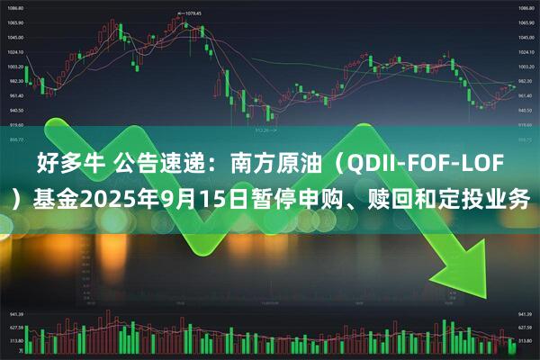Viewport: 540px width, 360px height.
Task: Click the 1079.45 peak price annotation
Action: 191,13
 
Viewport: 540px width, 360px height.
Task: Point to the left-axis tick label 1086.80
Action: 16,8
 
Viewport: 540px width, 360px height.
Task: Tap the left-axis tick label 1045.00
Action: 16,37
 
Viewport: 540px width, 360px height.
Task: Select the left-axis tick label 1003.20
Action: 16,67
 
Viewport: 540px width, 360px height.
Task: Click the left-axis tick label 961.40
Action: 16,95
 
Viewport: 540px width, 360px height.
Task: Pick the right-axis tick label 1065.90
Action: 524,22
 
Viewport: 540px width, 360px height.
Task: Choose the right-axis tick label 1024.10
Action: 524,52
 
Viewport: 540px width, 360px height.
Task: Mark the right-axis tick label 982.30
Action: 524,81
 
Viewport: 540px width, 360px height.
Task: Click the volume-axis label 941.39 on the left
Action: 16,314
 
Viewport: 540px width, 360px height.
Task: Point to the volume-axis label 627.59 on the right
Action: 524,328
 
